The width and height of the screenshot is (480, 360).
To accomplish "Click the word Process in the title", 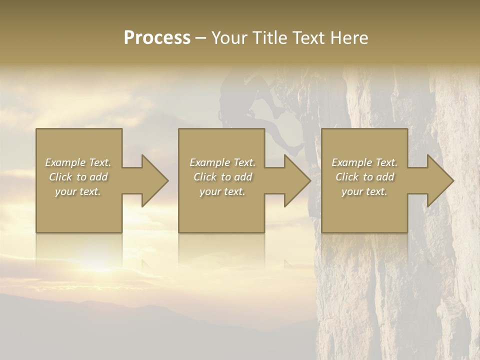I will [157, 38].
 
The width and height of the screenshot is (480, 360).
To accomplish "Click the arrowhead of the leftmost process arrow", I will [153, 180].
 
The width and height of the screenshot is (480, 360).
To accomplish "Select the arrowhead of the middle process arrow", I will [295, 180].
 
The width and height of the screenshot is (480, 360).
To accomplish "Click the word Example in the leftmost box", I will [65, 162].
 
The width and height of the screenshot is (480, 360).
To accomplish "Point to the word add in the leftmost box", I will [99, 177].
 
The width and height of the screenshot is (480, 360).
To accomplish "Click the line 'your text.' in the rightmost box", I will [364, 191].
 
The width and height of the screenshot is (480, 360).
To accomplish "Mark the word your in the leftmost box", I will [65, 191].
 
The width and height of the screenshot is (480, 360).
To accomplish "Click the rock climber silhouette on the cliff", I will [265, 107].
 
